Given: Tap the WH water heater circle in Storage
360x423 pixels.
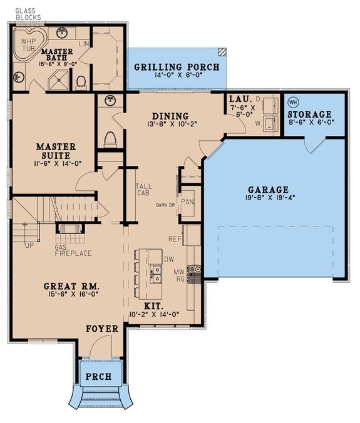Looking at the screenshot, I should tap(292, 103).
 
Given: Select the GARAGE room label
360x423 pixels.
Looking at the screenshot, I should tap(268, 190).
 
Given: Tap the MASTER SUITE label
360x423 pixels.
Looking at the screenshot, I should tap(56, 151).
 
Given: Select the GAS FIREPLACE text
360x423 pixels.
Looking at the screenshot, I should tap(74, 250).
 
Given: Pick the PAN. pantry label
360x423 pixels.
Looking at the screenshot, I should tap(187, 201).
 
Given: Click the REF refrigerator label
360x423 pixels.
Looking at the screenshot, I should tap(175, 238).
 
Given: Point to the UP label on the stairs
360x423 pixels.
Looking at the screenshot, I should tap(29, 245).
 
